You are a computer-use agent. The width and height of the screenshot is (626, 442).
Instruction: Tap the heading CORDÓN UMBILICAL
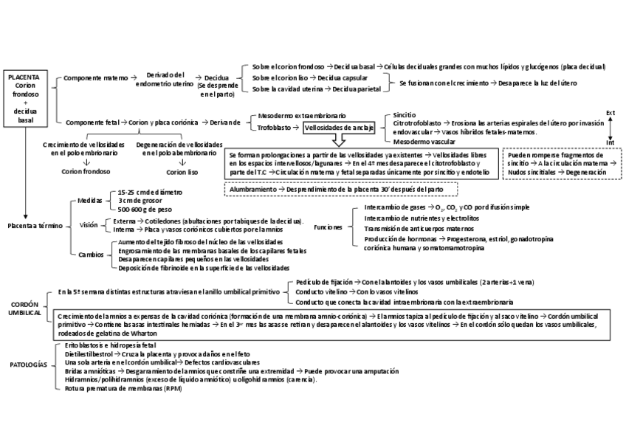point(25,308)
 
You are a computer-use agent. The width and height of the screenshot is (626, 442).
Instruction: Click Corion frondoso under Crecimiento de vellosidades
point(86,172)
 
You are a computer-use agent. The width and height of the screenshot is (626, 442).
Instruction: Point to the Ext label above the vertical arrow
point(610,113)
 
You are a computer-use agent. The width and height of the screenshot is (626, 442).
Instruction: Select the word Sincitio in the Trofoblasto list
point(405,115)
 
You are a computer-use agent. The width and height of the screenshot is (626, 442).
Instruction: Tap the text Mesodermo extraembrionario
point(301,116)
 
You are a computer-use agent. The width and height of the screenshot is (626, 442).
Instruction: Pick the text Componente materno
point(96,77)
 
